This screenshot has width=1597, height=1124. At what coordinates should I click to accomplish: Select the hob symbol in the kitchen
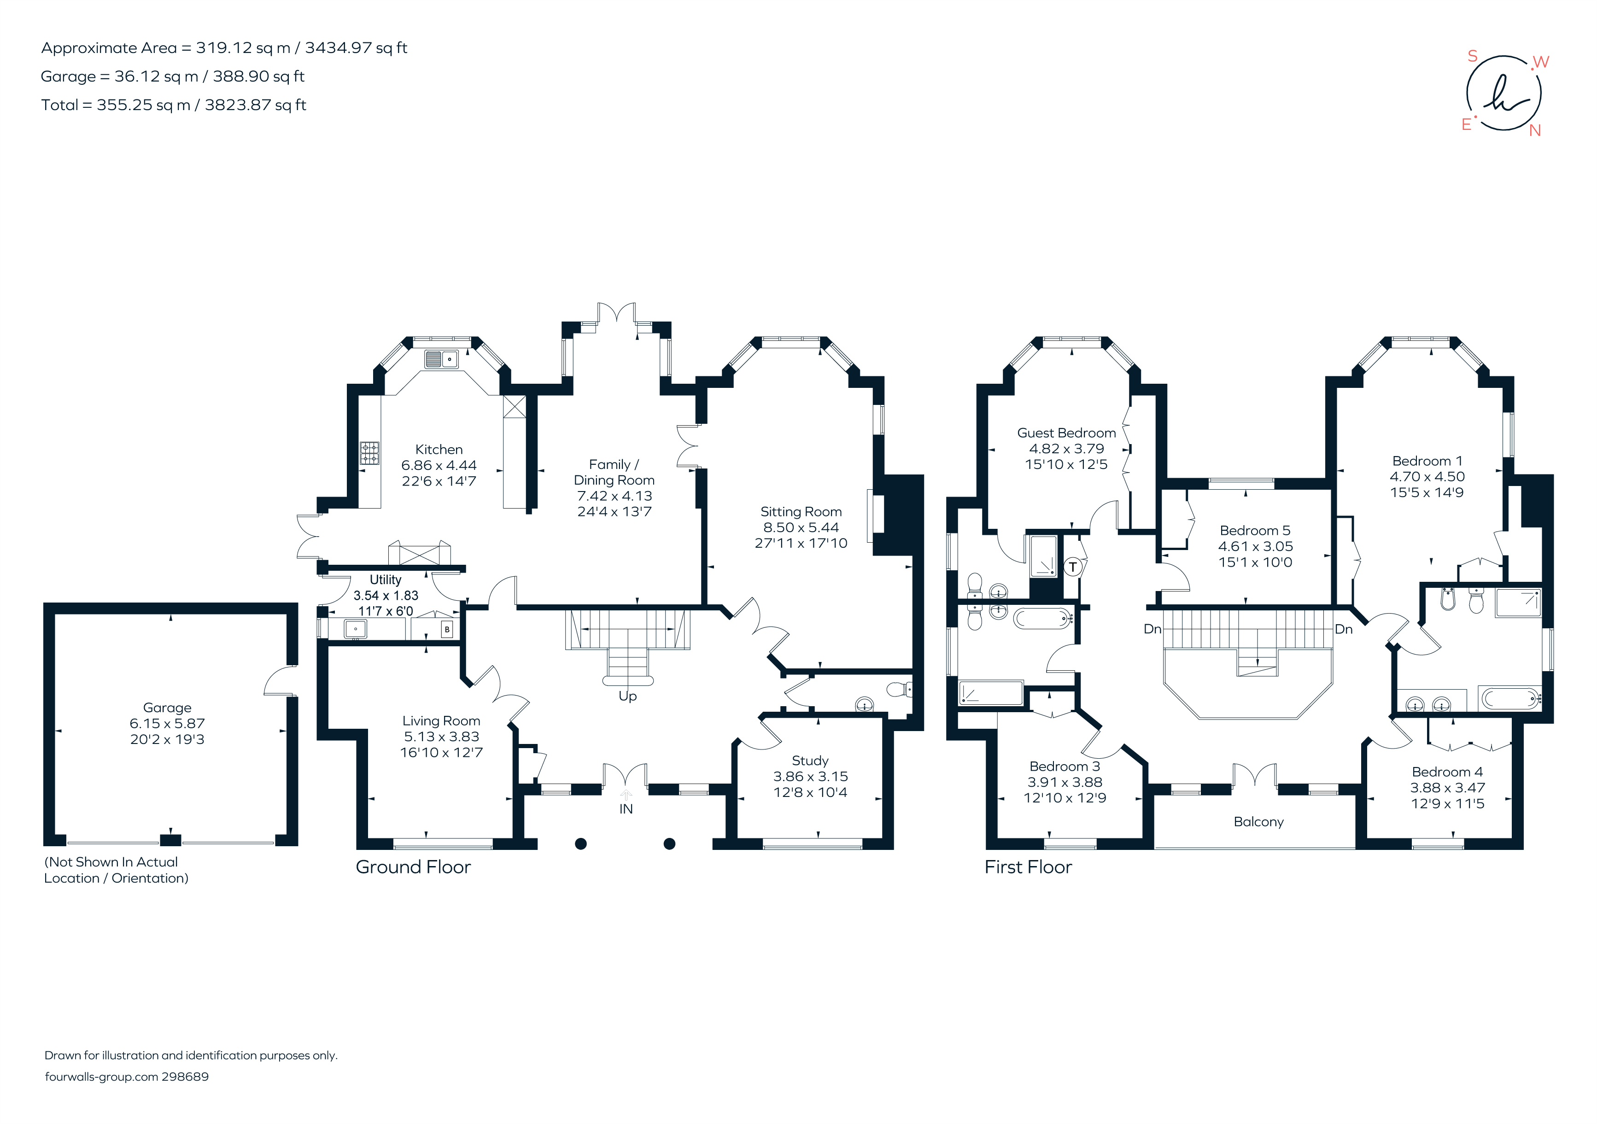pyautogui.click(x=369, y=453)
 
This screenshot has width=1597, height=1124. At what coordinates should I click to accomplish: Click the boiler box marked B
pyautogui.click(x=446, y=629)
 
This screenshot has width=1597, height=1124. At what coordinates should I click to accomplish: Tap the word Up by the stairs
pyautogui.click(x=627, y=696)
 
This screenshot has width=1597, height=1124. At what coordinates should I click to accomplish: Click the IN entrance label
pyautogui.click(x=626, y=809)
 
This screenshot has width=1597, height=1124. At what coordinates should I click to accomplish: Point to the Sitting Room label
pyautogui.click(x=801, y=511)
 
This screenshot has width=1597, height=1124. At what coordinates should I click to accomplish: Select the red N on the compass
pyautogui.click(x=1535, y=131)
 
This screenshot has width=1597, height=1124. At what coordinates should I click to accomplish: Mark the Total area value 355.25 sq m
pyautogui.click(x=143, y=105)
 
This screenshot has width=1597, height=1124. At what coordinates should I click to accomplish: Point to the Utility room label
pyautogui.click(x=386, y=580)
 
